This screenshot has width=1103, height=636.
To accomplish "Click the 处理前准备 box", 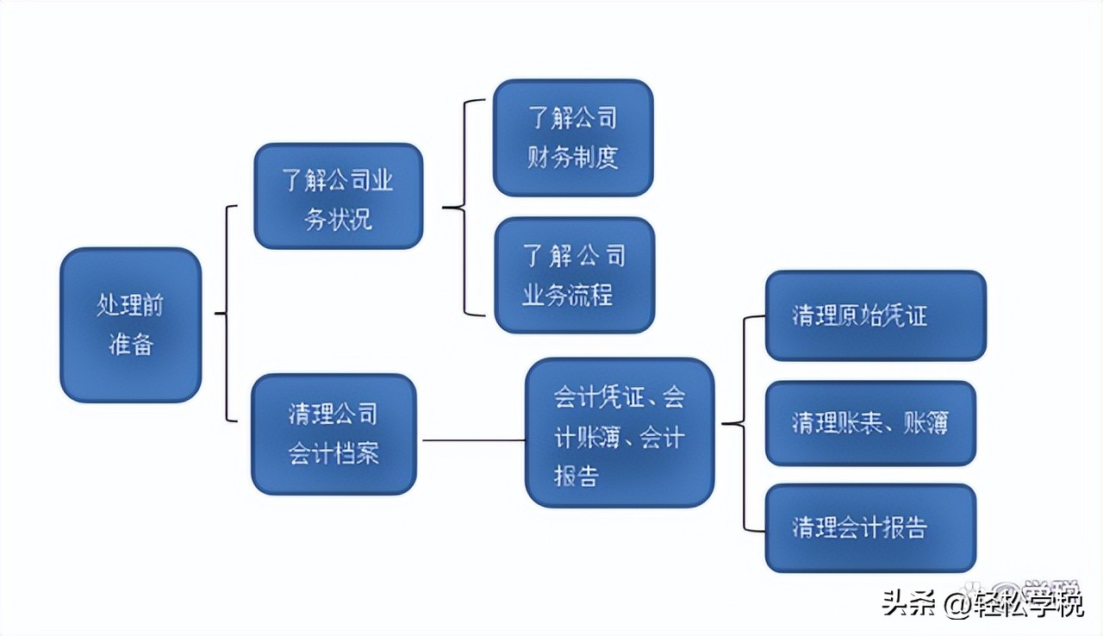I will click(130, 325).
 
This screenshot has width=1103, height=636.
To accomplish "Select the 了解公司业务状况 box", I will click(338, 196).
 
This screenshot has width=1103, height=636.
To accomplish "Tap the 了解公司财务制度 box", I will click(573, 138).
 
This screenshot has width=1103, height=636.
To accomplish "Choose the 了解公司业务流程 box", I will click(574, 275).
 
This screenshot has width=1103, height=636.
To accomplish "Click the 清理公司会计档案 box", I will click(333, 433).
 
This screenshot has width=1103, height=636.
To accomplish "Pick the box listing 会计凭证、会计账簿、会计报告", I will click(620, 433).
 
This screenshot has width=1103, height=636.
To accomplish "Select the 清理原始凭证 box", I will click(875, 315).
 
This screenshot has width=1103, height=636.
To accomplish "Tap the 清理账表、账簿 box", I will click(870, 423).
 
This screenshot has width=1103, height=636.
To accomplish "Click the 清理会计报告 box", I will click(870, 527).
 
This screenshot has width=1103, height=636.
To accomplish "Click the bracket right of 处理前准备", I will click(226, 314).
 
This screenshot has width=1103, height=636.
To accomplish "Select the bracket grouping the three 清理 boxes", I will click(745, 423).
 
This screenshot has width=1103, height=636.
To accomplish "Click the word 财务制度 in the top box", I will click(573, 158).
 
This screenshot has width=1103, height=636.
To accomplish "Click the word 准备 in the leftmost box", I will click(130, 344).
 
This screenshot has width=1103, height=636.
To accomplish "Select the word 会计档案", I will click(333, 453).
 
